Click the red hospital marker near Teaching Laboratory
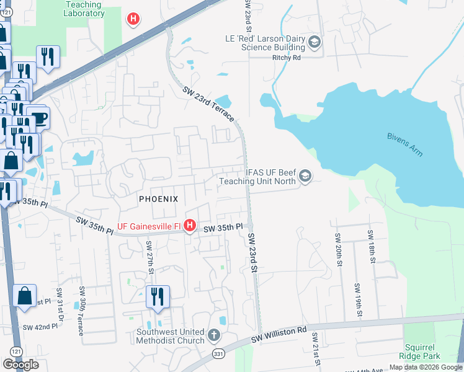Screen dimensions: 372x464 [x=133, y=19]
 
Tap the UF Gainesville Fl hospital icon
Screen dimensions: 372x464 [x=190, y=224]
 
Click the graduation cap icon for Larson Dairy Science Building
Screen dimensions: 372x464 [x=315, y=42]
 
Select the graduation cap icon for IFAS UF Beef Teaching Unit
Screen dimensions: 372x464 [x=305, y=177]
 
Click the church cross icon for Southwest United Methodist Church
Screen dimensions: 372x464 [x=213, y=335]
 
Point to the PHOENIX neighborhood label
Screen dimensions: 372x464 [x=158, y=199]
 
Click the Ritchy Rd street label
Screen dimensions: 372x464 [x=286, y=58]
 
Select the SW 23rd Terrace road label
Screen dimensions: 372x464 [x=209, y=104]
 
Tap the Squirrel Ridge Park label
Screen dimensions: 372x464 [x=422, y=352]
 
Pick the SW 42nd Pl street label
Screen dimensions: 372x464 [x=37, y=327]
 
